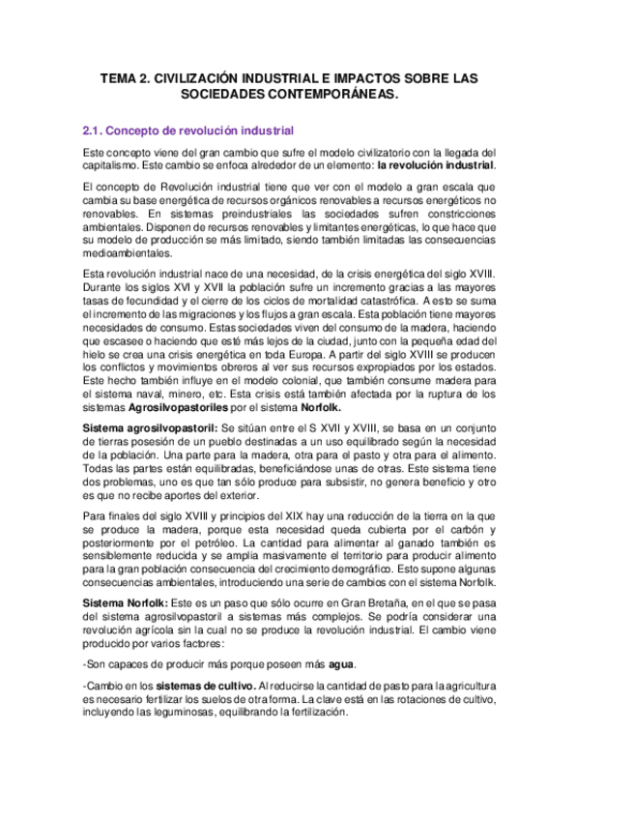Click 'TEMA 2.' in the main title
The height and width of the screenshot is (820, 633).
pyautogui.click(x=127, y=77)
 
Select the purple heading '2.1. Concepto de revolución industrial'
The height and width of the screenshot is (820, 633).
pyautogui.click(x=188, y=130)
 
